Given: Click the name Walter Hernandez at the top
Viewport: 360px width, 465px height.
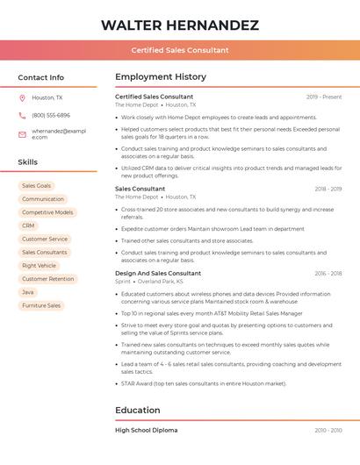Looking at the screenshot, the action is tap(179, 25).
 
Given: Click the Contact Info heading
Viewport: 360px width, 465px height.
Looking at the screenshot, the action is tap(41, 77).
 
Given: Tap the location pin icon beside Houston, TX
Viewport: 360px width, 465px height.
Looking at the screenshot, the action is tap(22, 97).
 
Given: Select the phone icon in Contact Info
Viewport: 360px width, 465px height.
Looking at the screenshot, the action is tap(22, 115).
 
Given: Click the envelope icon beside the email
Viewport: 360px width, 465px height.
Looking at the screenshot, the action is tap(22, 133).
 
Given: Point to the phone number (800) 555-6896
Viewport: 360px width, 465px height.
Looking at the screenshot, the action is tap(51, 115).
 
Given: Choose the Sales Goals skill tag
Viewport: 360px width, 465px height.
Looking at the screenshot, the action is tap(37, 186).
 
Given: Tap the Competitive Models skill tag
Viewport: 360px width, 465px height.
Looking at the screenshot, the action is tap(47, 212).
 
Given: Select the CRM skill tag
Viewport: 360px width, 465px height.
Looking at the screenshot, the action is tap(29, 225).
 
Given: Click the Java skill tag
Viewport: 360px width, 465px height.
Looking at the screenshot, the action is tap(29, 292).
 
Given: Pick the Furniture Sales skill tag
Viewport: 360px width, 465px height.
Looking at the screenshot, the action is tap(41, 305).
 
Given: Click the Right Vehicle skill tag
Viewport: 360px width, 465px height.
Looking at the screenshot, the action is tap(40, 265).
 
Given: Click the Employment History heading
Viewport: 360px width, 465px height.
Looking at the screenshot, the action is tap(161, 77).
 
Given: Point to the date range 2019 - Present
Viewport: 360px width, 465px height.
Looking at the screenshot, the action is tap(324, 97).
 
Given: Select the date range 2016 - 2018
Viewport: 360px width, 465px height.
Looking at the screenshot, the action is tap(328, 274).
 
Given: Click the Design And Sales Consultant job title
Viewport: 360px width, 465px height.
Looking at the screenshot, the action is tap(158, 273).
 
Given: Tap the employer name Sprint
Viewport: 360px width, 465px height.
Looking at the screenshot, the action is tap(122, 282).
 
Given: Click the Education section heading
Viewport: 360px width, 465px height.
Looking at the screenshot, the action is tap(138, 410).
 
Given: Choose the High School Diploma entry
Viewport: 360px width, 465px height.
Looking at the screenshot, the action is tap(146, 430).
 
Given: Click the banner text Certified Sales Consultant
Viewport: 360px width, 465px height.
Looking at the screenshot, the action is tap(179, 50).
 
